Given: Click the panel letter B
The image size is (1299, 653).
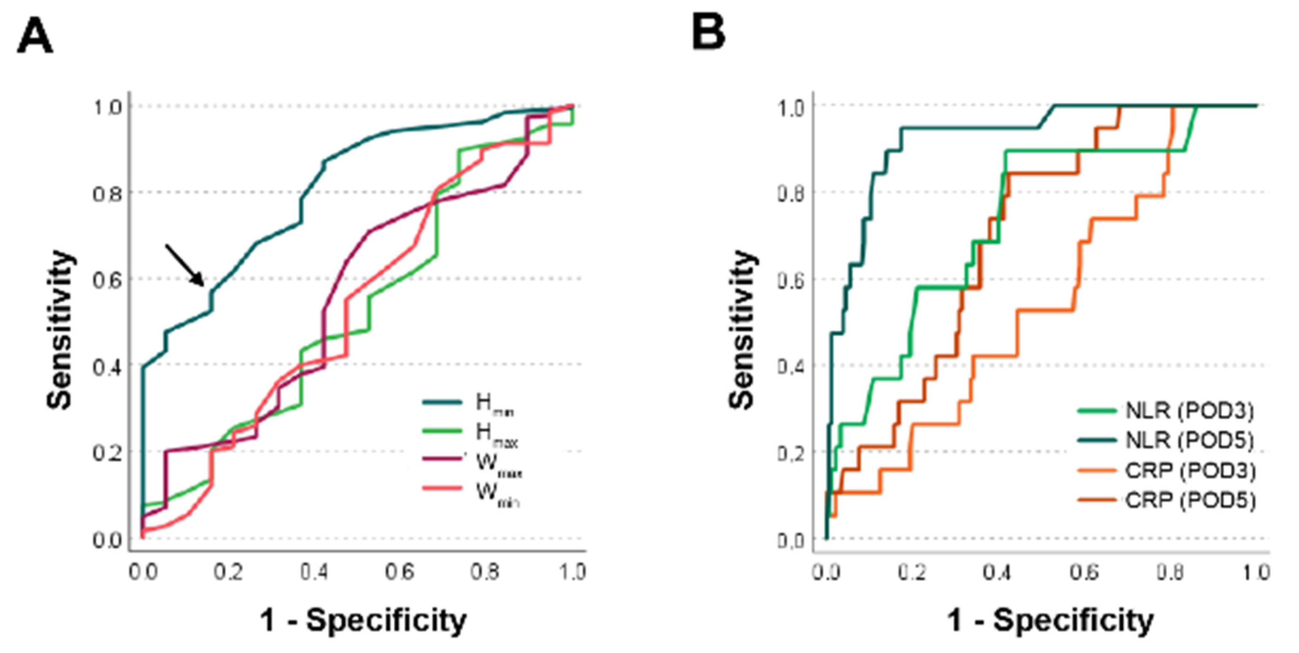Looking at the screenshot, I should pyautogui.click(x=708, y=33).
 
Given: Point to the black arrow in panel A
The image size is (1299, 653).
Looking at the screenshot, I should pyautogui.click(x=185, y=265).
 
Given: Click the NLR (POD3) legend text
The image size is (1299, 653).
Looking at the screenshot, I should pyautogui.click(x=1189, y=411).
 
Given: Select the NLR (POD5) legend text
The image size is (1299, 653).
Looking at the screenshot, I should pyautogui.click(x=1189, y=440).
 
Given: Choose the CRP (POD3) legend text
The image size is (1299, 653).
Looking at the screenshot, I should pyautogui.click(x=1189, y=471).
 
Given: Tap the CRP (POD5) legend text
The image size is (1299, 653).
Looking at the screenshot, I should pyautogui.click(x=1189, y=500).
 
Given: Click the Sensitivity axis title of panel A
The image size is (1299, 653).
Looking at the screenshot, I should pyautogui.click(x=60, y=329).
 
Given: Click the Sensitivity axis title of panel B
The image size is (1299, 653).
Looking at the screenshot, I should pyautogui.click(x=742, y=329).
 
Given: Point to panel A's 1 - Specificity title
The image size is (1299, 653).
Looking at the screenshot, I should pyautogui.click(x=363, y=620).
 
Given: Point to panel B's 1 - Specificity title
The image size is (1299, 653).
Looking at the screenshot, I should pyautogui.click(x=1051, y=620).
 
